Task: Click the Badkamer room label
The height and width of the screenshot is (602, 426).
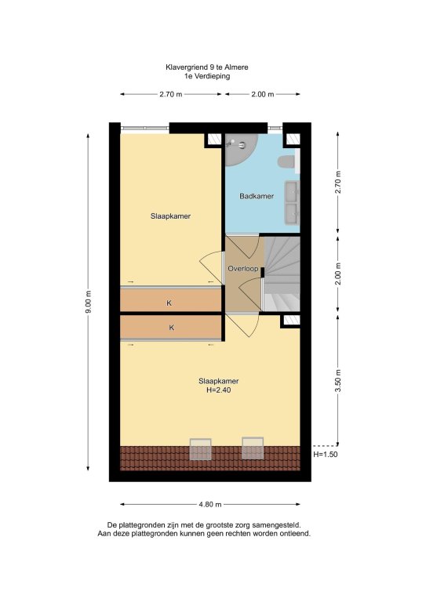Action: click(x=257, y=196)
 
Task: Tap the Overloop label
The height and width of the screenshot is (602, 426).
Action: click(x=243, y=269)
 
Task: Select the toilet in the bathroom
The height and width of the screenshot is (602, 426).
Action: click(x=287, y=161)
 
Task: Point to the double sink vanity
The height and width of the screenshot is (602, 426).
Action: click(x=292, y=202)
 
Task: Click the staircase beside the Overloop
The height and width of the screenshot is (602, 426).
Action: click(x=282, y=274)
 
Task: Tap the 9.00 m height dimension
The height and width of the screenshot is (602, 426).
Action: click(x=89, y=302)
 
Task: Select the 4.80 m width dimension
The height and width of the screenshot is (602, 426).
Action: click(x=210, y=505)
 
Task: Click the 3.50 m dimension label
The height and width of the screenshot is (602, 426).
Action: click(x=338, y=381)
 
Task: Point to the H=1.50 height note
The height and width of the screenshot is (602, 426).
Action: click(x=326, y=455)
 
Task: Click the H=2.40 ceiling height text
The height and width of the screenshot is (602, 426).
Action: click(x=219, y=390)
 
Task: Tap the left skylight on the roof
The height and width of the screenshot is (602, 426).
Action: click(x=201, y=449)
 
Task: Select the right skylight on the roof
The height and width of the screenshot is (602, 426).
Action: click(x=253, y=448)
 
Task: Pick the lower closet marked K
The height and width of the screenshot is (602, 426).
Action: click(x=171, y=327)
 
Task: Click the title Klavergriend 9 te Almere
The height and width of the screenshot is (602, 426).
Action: click(x=207, y=67)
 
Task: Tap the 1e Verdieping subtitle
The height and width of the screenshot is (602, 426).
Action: click(x=207, y=76)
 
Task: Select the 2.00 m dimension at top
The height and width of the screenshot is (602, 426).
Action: click(x=263, y=94)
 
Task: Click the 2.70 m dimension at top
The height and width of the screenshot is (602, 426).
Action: click(x=171, y=94)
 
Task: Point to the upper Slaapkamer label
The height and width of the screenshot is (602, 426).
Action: click(x=170, y=216)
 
